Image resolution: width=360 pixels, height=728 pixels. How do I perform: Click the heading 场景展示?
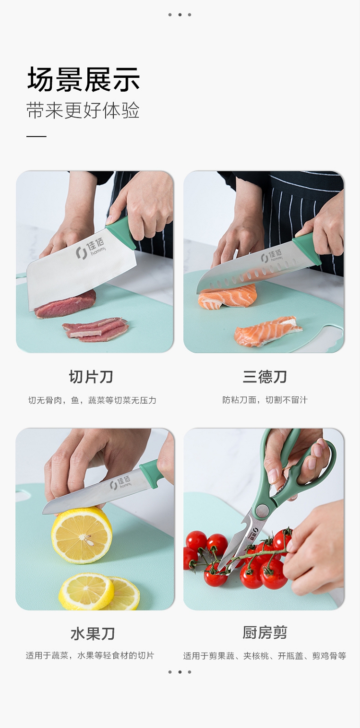pyautogui.click(x=84, y=79)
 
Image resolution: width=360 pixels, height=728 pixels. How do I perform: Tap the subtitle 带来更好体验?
pyautogui.click(x=83, y=110)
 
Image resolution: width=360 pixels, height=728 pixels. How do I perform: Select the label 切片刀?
pyautogui.click(x=91, y=377)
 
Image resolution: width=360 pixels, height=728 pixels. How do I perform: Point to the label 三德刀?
pyautogui.click(x=264, y=377)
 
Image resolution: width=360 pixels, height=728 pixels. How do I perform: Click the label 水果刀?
pyautogui.click(x=93, y=634)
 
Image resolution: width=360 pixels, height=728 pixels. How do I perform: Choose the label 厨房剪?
pyautogui.click(x=264, y=633)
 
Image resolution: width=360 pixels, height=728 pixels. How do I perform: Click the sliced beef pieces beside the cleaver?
pyautogui.click(x=96, y=329)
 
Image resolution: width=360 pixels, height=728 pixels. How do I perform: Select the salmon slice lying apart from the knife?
pyautogui.click(x=268, y=332)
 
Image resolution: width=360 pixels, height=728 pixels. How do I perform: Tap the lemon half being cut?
pyautogui.click(x=82, y=535)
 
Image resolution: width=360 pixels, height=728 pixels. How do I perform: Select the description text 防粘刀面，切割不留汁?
pyautogui.click(x=264, y=400)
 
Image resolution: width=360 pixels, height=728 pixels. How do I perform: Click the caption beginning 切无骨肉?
pyautogui.click(x=92, y=400)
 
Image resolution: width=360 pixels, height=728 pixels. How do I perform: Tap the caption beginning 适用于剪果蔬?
pyautogui.click(x=264, y=656)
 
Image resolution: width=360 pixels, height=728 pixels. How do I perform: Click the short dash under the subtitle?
pyautogui.click(x=36, y=136)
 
